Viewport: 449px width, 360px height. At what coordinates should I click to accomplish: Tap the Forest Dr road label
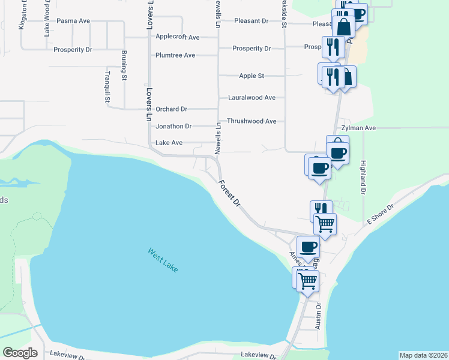click(229, 193)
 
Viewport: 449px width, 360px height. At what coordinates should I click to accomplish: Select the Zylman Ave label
click(358, 128)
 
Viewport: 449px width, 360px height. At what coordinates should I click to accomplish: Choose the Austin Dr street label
click(319, 316)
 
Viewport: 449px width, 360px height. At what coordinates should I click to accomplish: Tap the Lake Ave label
click(169, 143)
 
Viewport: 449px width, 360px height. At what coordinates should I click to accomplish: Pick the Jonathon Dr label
click(173, 127)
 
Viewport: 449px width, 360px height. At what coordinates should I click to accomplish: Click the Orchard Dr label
click(172, 109)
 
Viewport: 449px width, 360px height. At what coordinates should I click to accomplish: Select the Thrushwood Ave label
click(252, 121)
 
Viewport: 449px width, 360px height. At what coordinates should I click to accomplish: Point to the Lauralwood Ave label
click(252, 97)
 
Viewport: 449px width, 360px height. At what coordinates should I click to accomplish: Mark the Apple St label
click(252, 76)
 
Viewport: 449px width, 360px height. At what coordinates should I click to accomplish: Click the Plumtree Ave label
click(175, 55)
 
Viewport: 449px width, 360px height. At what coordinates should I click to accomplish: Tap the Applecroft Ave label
click(177, 37)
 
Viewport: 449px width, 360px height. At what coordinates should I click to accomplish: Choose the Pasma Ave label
click(73, 20)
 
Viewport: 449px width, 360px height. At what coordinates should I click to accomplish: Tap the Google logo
click(20, 353)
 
